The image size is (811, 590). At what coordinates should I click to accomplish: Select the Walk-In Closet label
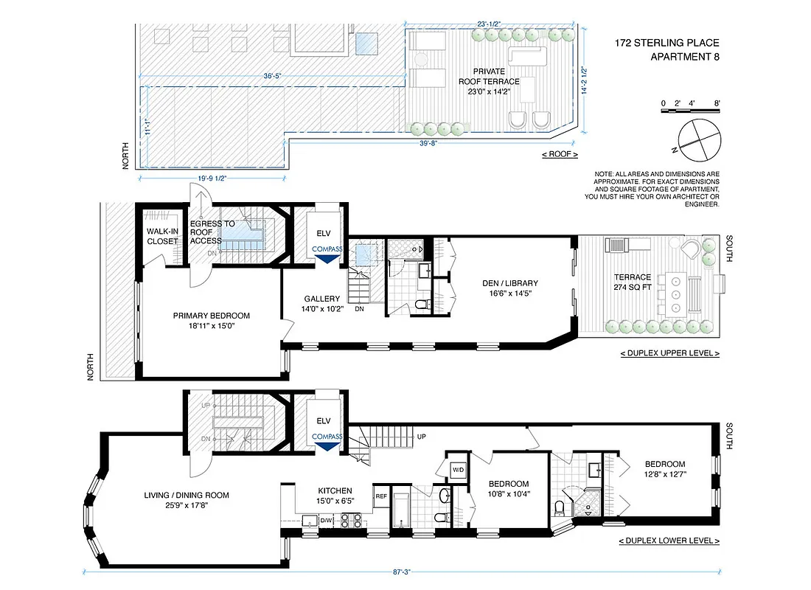tap(161, 236)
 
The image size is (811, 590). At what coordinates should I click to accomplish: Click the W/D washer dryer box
tap(457, 469)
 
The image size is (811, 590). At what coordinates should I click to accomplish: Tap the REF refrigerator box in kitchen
tap(381, 496)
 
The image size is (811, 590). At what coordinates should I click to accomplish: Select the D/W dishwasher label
tap(327, 521)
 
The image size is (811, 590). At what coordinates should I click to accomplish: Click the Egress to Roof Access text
tap(212, 232)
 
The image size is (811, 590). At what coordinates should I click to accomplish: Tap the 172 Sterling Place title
tap(666, 50)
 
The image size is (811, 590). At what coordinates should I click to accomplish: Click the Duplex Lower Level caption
tap(669, 541)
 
